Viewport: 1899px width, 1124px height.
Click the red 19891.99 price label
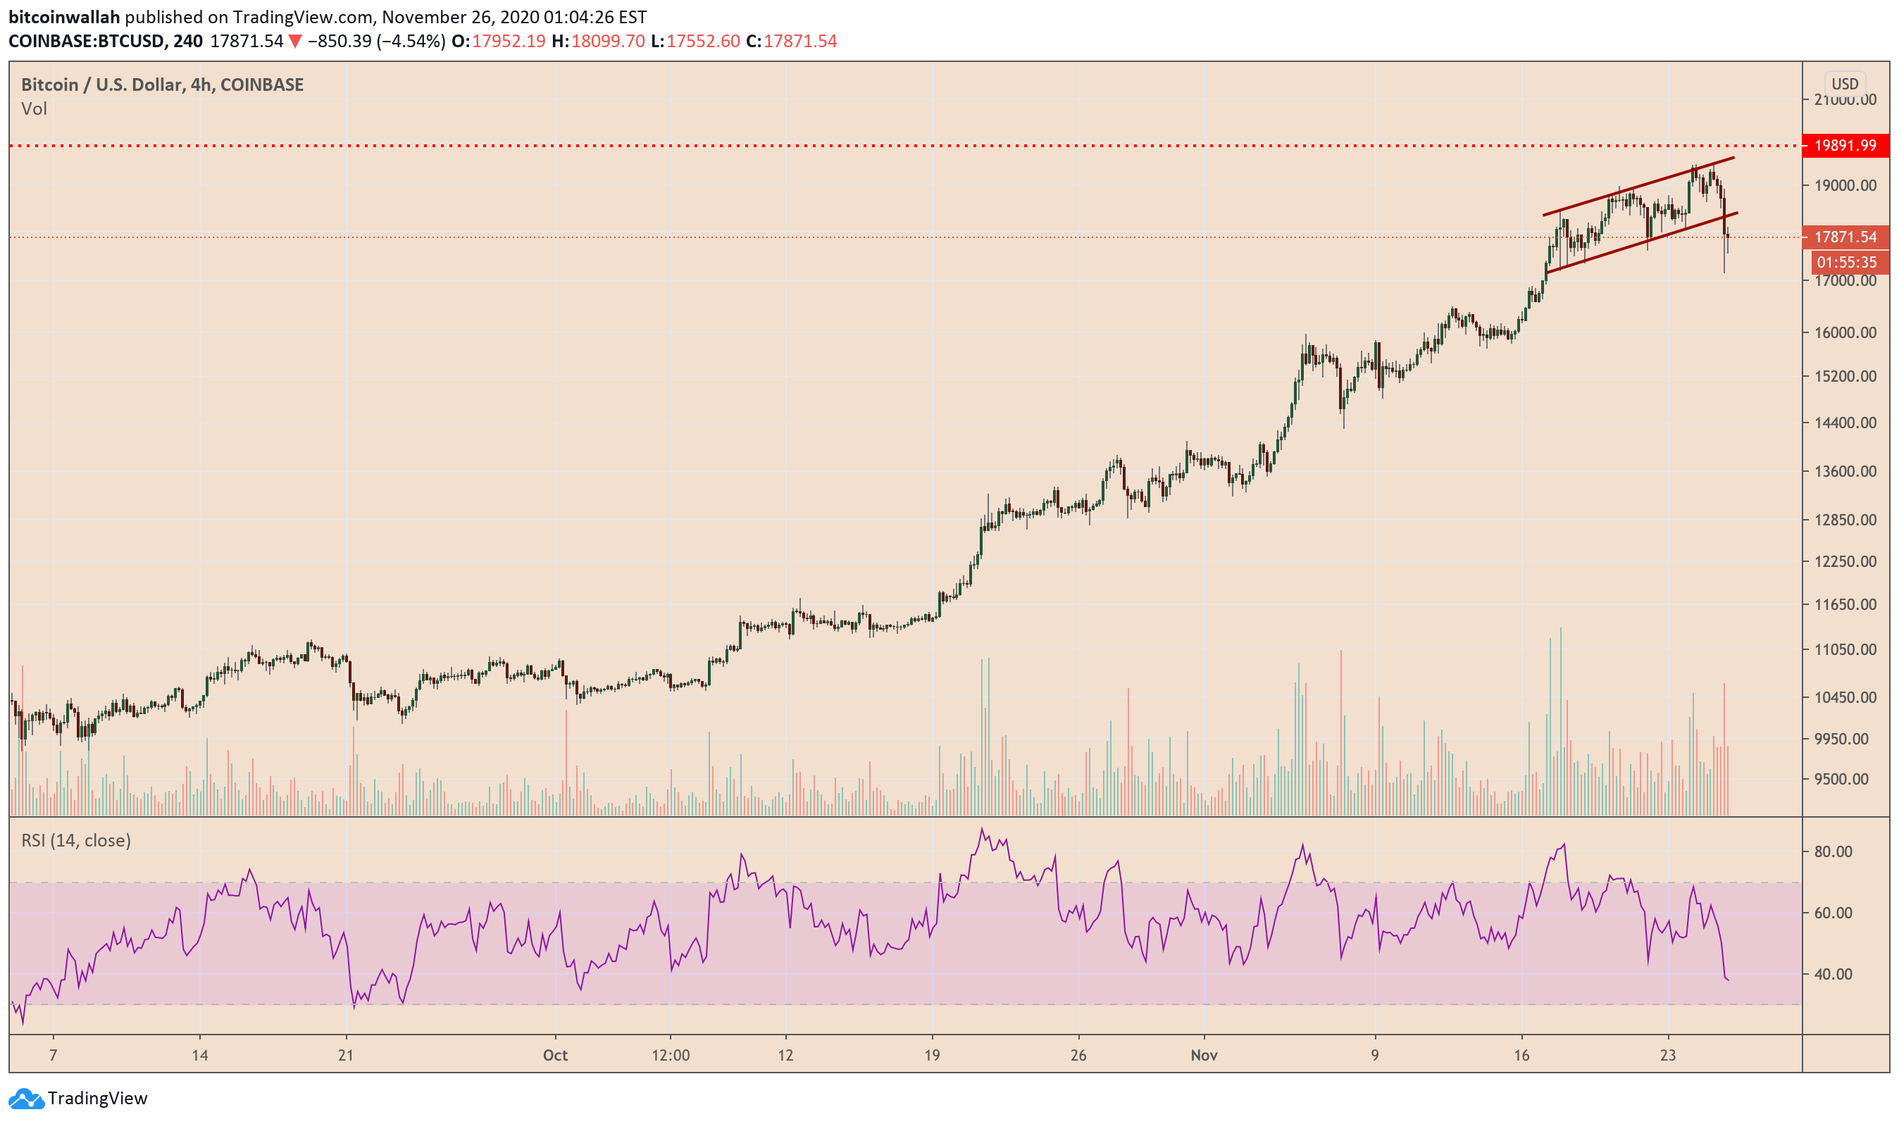click(x=1845, y=145)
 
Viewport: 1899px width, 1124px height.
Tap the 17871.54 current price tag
click(x=1845, y=237)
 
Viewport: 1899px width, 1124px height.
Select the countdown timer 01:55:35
click(x=1846, y=263)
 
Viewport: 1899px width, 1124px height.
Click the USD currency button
click(x=1845, y=84)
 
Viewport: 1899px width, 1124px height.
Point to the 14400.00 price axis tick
click(x=1845, y=423)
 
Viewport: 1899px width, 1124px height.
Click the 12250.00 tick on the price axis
click(x=1845, y=561)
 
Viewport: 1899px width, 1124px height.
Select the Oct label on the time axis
click(x=555, y=1056)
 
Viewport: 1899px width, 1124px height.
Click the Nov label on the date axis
click(x=1204, y=1056)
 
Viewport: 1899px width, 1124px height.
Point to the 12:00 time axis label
click(x=671, y=1056)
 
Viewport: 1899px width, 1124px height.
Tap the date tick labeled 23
click(x=1668, y=1056)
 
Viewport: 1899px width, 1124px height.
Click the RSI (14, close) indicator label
click(x=76, y=841)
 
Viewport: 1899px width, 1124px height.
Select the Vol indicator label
click(x=34, y=109)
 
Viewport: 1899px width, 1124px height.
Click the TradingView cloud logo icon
click(x=26, y=1098)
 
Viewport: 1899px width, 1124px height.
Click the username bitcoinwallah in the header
click(x=64, y=17)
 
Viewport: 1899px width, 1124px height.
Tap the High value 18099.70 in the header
click(x=607, y=41)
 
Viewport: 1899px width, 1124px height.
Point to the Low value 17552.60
click(x=703, y=41)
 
